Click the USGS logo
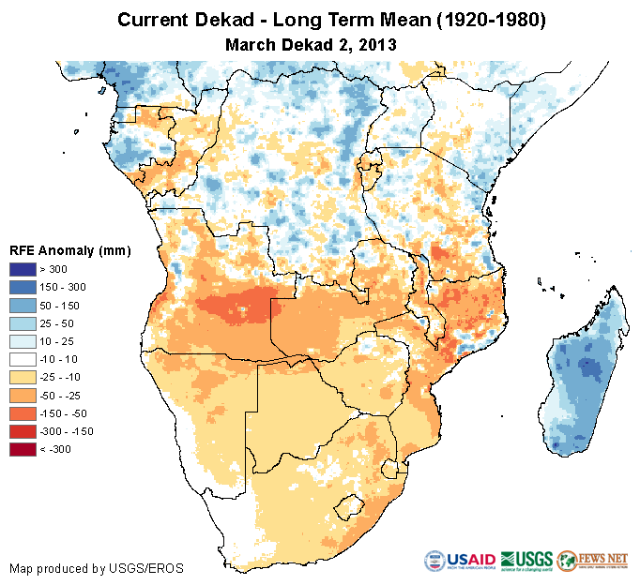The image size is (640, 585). (526, 560)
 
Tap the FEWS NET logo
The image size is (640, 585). (591, 560)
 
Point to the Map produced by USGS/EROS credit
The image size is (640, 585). (96, 568)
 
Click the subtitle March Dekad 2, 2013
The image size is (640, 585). (311, 43)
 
